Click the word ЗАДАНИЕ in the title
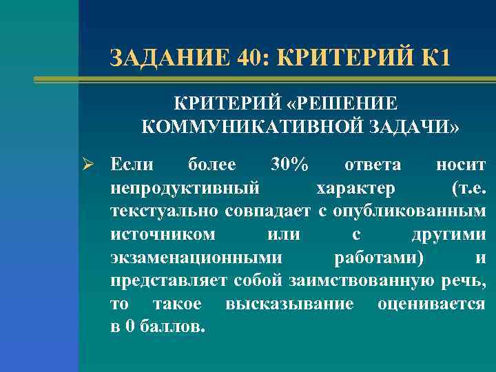(x=169, y=57)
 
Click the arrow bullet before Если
(x=93, y=165)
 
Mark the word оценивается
(x=431, y=304)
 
